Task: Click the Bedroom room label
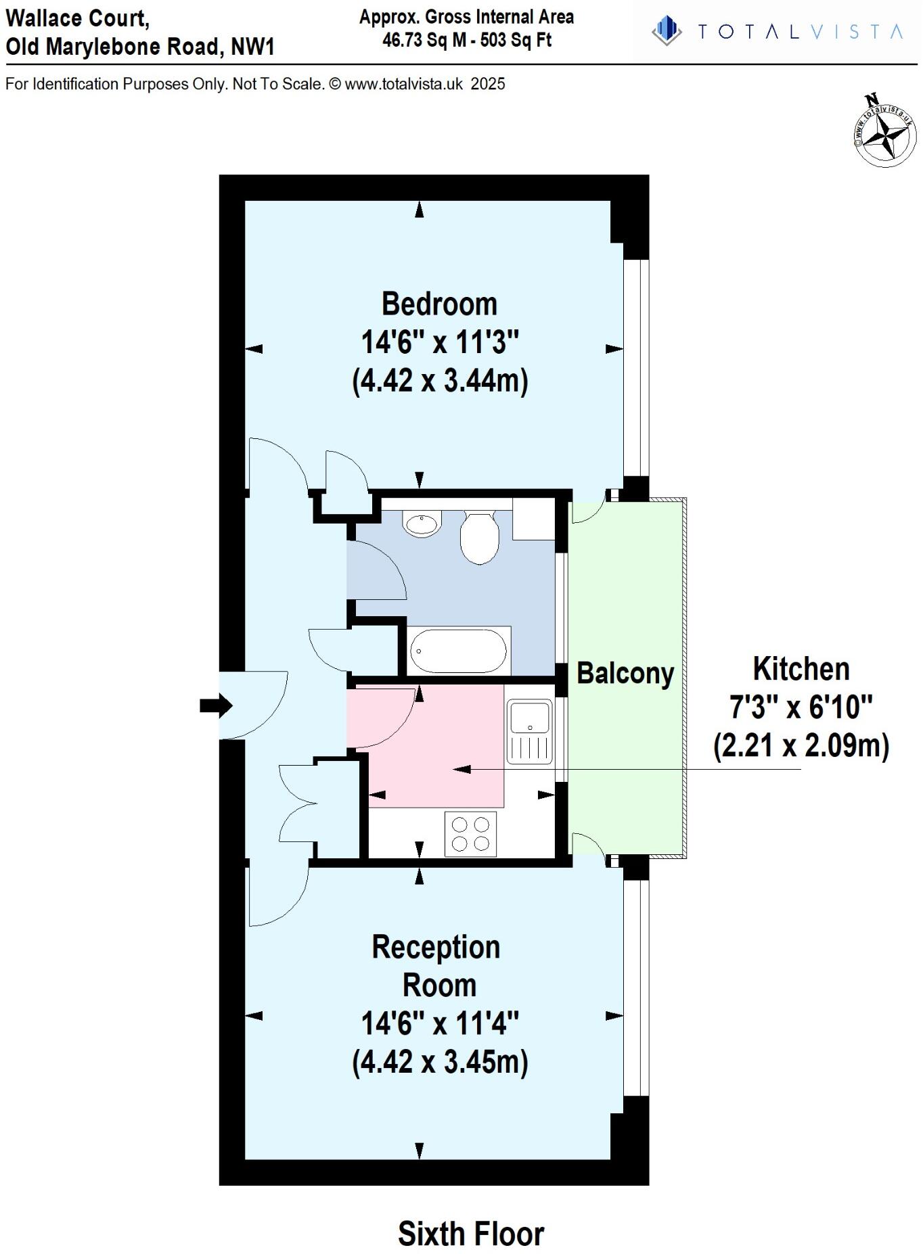click(x=439, y=304)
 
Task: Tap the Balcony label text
click(x=625, y=673)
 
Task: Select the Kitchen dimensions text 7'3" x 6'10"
click(x=801, y=707)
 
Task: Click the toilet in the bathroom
click(x=479, y=537)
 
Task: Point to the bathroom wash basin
click(x=422, y=524)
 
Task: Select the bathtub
click(x=458, y=651)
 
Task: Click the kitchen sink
click(x=530, y=718)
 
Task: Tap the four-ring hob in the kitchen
click(x=470, y=833)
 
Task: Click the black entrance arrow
click(x=216, y=705)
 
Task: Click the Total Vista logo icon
click(x=667, y=31)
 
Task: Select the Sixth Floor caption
click(x=470, y=1234)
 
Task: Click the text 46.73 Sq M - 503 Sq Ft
click(x=466, y=41)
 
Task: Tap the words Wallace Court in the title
click(x=77, y=18)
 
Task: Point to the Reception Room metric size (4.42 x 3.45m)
click(x=440, y=1061)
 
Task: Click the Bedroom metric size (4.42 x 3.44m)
click(x=440, y=380)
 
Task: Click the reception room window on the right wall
click(x=635, y=987)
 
